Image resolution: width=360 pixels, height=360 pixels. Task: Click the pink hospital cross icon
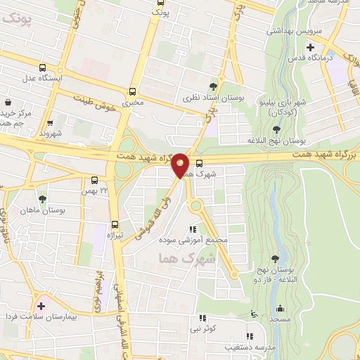click(x=40, y=306)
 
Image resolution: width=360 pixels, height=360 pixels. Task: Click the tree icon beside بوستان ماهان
click(x=43, y=199)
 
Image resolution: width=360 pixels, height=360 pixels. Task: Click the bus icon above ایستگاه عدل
click(x=44, y=68)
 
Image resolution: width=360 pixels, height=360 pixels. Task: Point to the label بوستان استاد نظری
click(x=214, y=98)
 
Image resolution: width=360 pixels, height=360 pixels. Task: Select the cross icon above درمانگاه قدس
click(x=310, y=47)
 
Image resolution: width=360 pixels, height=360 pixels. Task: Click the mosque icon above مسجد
click(x=281, y=308)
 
